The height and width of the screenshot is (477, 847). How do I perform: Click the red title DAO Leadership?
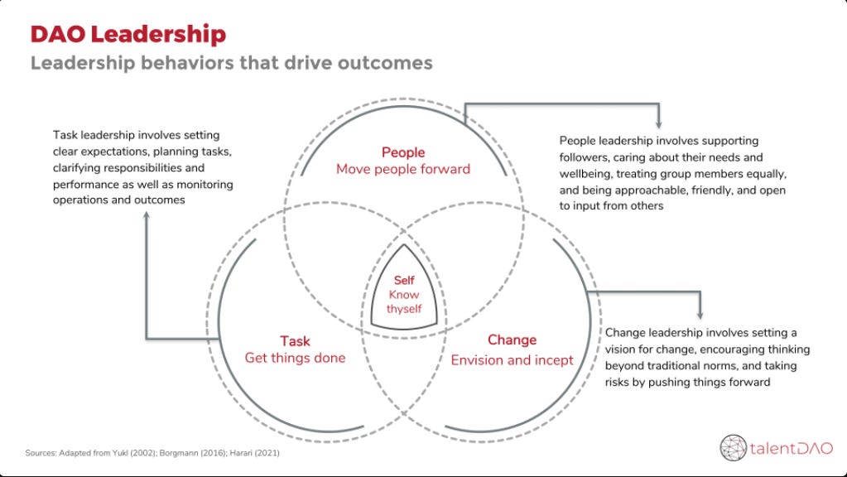point(128,34)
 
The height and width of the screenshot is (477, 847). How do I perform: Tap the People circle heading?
point(403,152)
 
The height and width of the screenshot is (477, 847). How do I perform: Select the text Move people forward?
point(403,169)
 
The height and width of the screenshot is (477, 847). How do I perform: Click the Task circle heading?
point(295,341)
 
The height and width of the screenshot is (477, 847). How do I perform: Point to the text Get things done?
point(295,358)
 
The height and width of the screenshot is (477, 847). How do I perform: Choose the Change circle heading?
point(512,340)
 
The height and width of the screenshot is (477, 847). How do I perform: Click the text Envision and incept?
point(512,360)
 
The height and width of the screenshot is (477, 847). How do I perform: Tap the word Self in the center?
point(404,281)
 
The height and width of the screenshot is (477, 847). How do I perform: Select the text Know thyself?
point(404,301)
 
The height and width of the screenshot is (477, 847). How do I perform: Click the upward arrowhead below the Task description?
point(147,215)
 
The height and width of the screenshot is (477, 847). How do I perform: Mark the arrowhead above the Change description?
point(700,314)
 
